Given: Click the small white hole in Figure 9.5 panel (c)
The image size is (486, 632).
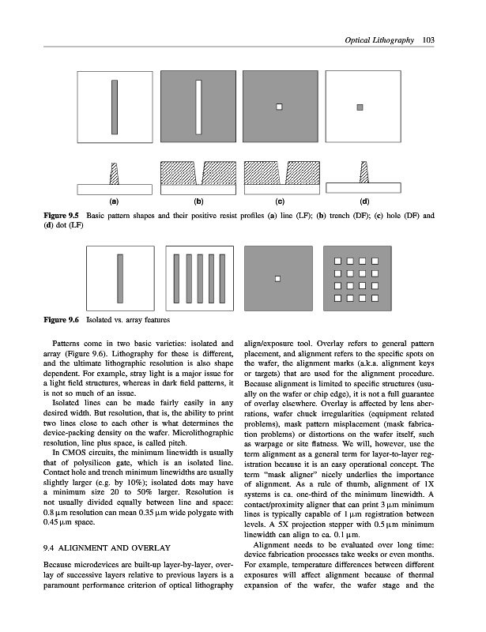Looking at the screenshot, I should click(x=279, y=106).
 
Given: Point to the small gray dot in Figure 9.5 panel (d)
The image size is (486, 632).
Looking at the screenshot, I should click(x=360, y=106).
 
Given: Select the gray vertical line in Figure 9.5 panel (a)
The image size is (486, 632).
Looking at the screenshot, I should click(x=115, y=106).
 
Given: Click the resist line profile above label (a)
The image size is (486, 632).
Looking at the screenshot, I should click(x=115, y=171).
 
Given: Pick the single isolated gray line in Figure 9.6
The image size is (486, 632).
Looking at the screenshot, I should click(x=119, y=277).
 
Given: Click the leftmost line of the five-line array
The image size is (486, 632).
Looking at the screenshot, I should click(x=177, y=277).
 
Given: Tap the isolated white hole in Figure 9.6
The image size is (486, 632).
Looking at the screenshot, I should click(x=277, y=278).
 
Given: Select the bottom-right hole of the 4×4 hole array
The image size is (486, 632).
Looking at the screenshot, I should click(x=377, y=298).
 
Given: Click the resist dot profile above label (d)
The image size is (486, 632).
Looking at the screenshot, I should click(x=364, y=171).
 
